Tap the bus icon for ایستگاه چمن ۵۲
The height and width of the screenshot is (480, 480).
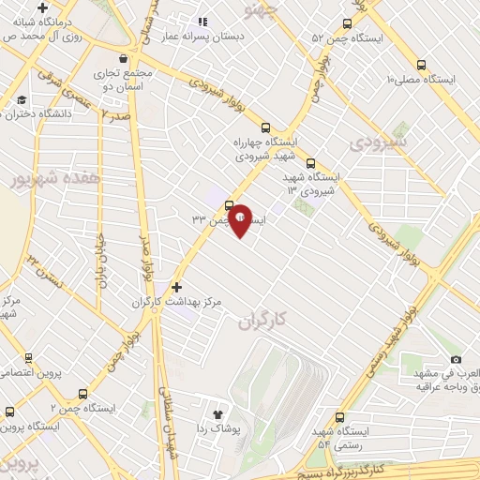click(x=348, y=23)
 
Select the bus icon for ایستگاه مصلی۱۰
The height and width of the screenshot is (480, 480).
click(x=421, y=66)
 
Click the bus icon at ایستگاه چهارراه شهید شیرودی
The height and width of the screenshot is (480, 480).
click(x=265, y=127)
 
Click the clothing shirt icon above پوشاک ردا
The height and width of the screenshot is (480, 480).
click(x=219, y=412)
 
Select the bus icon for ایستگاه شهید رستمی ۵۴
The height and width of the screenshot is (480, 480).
click(x=339, y=417)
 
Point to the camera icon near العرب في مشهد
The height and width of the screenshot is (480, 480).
click(x=456, y=359)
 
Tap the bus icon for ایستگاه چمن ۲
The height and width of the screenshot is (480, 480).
click(x=83, y=395)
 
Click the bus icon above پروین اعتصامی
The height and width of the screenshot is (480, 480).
click(x=28, y=357)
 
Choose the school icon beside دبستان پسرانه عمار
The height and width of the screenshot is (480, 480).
click(x=202, y=22)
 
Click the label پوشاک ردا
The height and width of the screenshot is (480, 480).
click(x=221, y=428)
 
